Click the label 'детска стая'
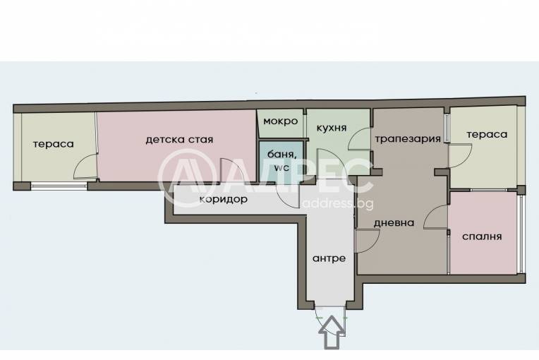(179, 140)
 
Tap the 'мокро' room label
(280, 121)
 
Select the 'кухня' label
(331, 128)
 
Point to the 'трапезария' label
(408, 138)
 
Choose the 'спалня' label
(483, 236)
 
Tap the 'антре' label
(329, 258)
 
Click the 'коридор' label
(223, 200)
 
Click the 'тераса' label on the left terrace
(53, 144)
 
